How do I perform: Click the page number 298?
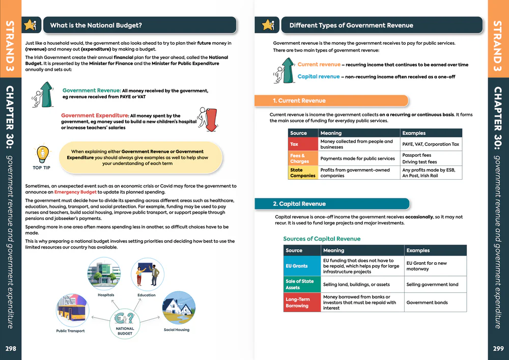(x=10, y=349)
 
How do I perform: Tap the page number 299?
(x=498, y=349)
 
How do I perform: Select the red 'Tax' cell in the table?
(x=303, y=145)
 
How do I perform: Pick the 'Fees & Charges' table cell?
(x=303, y=158)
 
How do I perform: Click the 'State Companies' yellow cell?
(x=303, y=173)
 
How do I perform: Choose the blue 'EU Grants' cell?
(x=302, y=266)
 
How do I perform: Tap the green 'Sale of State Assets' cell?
(x=302, y=284)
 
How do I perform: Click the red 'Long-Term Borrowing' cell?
(x=302, y=302)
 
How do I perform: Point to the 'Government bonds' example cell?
(x=435, y=302)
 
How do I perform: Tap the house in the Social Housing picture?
(x=178, y=308)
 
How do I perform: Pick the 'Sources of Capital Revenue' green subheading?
(x=321, y=239)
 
